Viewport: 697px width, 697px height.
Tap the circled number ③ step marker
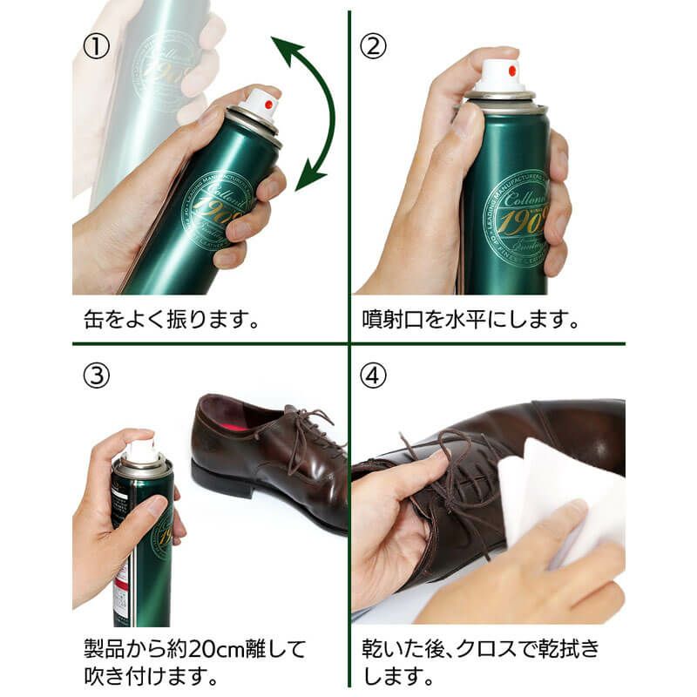tap(96, 376)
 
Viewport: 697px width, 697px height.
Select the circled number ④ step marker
tap(373, 376)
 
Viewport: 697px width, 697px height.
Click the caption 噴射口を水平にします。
tap(470, 319)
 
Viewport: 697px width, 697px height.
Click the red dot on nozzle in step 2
tap(511, 68)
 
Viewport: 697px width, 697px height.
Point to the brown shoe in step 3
tap(270, 453)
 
